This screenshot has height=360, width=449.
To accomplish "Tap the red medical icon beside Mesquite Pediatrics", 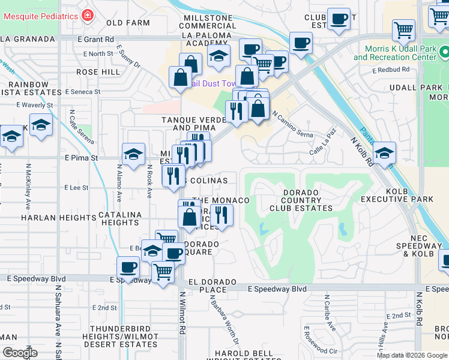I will pyautogui.click(x=88, y=15).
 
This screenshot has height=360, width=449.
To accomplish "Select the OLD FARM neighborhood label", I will pyautogui.click(x=128, y=23).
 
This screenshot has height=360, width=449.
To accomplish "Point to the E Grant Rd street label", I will pyautogui.click(x=96, y=40).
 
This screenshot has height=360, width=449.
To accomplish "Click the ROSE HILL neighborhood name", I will pyautogui.click(x=98, y=71).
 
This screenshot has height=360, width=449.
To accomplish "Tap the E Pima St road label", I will pyautogui.click(x=81, y=158).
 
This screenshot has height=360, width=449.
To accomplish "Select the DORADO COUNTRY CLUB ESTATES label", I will pyautogui.click(x=301, y=200).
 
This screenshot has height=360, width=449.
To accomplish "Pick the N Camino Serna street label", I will pyautogui.click(x=292, y=124).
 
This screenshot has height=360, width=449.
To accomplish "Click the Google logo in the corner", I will pyautogui.click(x=20, y=353).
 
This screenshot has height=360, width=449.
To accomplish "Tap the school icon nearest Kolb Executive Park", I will pyautogui.click(x=384, y=152).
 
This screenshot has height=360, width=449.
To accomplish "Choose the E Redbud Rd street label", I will pyautogui.click(x=390, y=70).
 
